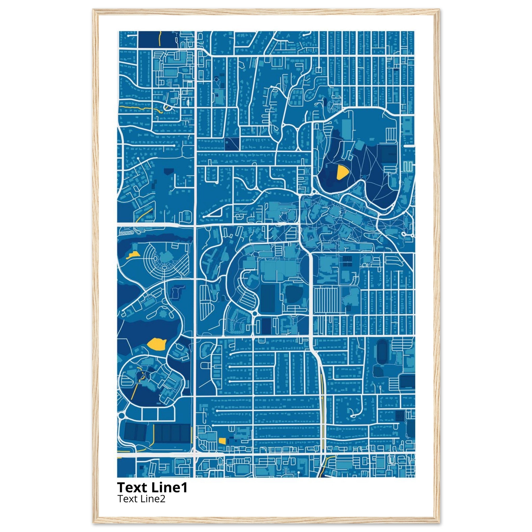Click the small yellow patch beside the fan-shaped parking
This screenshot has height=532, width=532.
tap(132, 255)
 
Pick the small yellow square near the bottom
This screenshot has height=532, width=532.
tap(222, 441)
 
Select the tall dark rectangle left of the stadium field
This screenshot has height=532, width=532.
tap(268, 298)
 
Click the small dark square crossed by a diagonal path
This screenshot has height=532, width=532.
tap(231, 143)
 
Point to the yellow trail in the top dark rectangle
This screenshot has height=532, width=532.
tap(159, 38)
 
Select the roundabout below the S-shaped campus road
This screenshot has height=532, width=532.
tap(254, 314)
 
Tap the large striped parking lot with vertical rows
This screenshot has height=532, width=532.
tap(327, 300)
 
